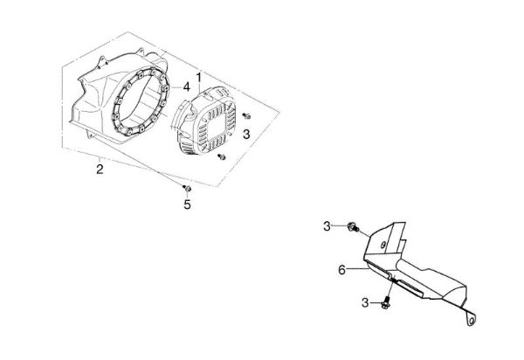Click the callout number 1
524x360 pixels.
click(199, 78)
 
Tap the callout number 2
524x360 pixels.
click(100, 169)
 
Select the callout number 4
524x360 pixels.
click(187, 87)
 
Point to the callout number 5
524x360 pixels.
click(187, 204)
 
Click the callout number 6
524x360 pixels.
click(341, 270)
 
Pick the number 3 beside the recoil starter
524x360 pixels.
click(246, 135)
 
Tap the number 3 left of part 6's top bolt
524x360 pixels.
click(327, 226)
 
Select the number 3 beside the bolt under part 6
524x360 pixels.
click(365, 303)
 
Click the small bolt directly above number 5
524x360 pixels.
click(187, 188)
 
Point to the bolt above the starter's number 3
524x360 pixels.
click(246, 116)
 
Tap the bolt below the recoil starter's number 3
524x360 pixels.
click(222, 156)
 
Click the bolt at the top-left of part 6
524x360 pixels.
click(353, 227)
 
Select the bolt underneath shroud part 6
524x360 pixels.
click(386, 302)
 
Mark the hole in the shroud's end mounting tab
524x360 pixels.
click(472, 322)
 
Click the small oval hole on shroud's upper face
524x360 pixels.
click(383, 245)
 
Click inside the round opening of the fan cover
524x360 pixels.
click(140, 104)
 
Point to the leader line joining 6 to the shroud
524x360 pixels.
click(357, 268)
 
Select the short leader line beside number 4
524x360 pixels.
click(176, 87)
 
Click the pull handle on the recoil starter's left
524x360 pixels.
click(179, 114)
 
